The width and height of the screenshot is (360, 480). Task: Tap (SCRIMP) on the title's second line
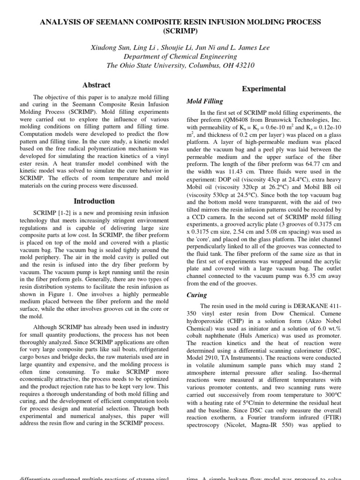point(180,31)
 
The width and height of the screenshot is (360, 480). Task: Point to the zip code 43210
point(244,65)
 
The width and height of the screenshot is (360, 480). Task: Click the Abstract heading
point(96,85)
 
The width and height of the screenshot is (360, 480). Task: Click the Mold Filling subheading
point(205,101)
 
